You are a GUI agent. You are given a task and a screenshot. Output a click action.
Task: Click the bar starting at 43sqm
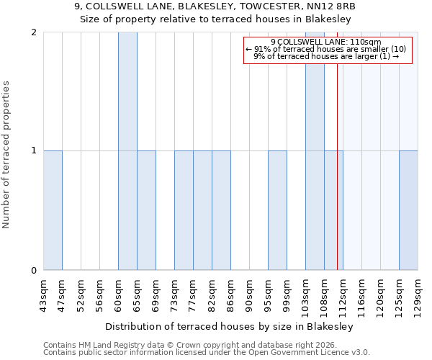53,210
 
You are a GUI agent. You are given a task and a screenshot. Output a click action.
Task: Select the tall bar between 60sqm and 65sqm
127,151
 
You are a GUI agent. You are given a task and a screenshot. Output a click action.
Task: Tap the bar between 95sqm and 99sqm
277,210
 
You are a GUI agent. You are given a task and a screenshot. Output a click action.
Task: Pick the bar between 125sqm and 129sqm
408,210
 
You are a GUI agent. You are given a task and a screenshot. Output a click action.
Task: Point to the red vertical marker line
337,180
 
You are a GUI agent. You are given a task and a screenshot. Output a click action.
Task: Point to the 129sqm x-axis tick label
418,295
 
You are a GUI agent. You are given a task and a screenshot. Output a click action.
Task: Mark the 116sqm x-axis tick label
361,295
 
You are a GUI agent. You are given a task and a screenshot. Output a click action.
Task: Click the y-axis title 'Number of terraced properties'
6,155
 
